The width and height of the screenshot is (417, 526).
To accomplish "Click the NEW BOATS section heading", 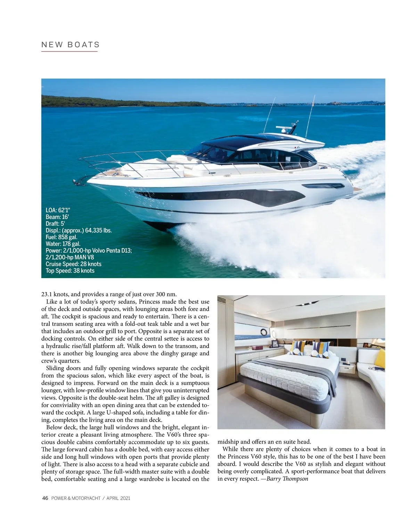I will pos(71,45).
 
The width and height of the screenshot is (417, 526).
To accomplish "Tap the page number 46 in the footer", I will pos(45,498).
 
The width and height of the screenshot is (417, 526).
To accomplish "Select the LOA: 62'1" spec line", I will pos(58,210).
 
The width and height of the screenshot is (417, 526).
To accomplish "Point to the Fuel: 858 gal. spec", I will pos(62,237).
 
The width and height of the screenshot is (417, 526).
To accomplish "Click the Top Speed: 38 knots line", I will pos(70,271).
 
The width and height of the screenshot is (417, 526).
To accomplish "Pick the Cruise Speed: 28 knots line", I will pos(74,264).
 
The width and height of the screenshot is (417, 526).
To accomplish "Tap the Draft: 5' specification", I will pos(55,224).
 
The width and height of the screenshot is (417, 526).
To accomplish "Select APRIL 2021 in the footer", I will pos(118,498).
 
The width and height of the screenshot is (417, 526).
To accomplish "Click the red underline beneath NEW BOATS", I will pos(69,51).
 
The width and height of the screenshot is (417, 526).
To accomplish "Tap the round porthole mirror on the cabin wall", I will pos(264,333).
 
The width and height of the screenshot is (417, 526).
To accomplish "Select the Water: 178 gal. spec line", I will pos(63,244).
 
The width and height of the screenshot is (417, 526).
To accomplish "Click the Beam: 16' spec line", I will pos(57,217).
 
